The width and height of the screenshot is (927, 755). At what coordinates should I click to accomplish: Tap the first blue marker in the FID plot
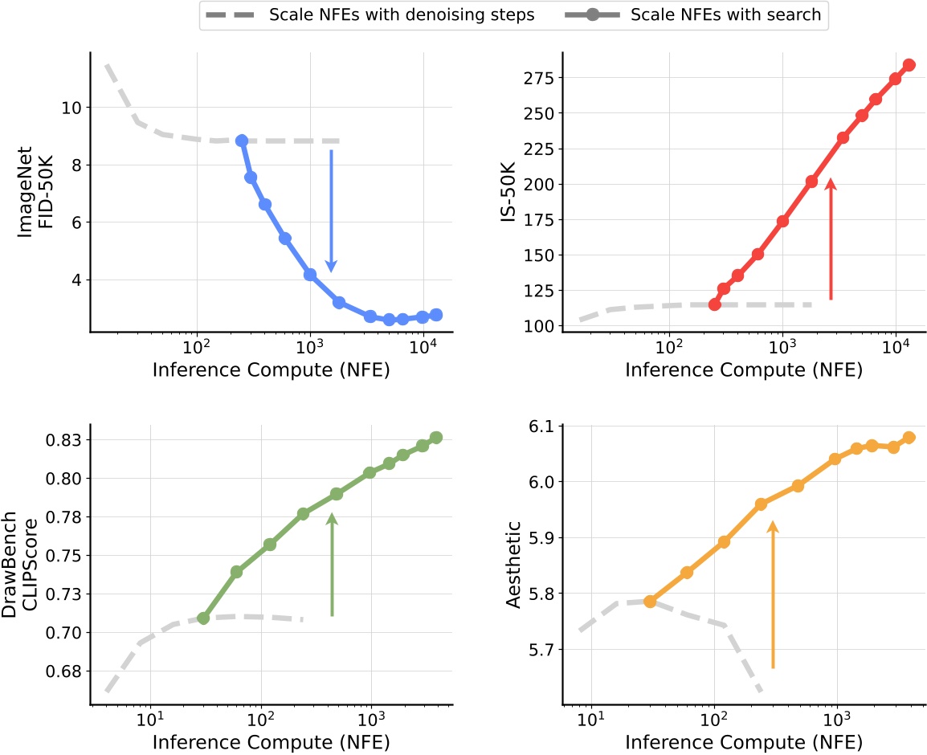(241, 141)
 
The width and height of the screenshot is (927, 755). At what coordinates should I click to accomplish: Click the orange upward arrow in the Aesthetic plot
(772, 594)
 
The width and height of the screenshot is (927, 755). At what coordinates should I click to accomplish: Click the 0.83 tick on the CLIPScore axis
(66, 439)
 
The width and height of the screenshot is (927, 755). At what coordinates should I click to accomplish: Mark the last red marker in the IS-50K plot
(909, 65)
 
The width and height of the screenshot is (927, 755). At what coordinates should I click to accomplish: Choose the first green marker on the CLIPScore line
(203, 618)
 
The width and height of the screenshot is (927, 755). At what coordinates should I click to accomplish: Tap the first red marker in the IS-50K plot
(714, 304)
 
